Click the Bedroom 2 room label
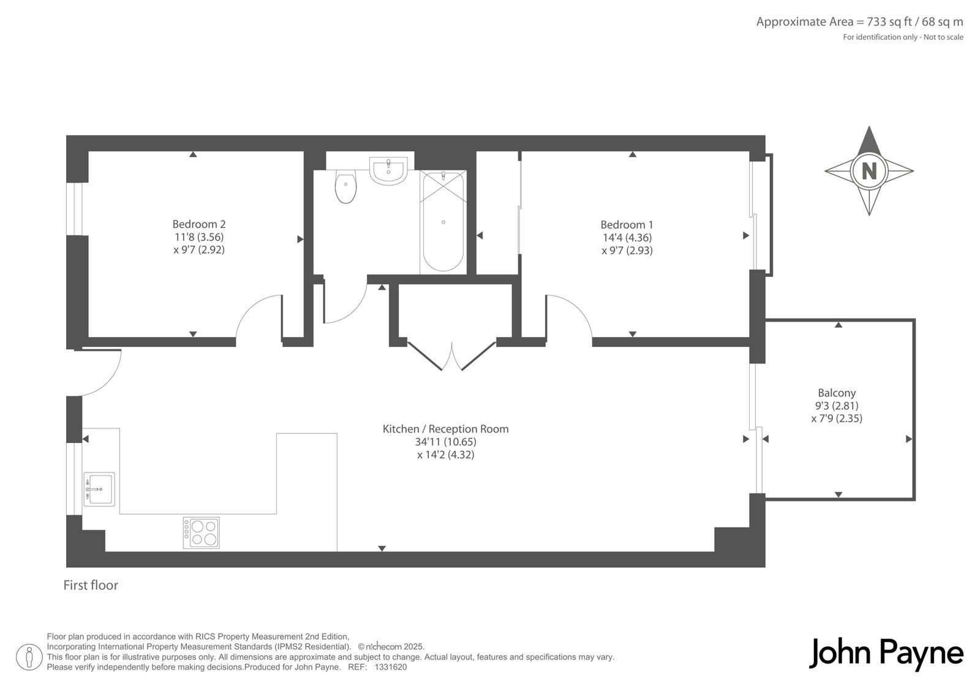point(199,224)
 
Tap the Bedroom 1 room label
point(627,225)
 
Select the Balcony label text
point(837,393)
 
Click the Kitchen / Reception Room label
point(445,429)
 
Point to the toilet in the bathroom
point(345,187)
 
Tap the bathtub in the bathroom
point(443,222)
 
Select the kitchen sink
point(99,489)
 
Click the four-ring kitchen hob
point(202,533)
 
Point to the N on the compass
point(869,171)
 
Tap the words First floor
point(91,585)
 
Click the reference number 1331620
point(391,667)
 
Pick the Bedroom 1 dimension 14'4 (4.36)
point(627,238)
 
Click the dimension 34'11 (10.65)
point(446,442)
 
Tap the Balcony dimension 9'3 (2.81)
point(837,406)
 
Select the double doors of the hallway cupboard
point(452,355)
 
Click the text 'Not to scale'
point(943,37)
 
